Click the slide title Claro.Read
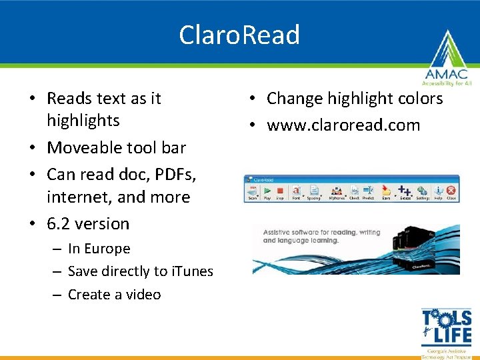click(x=239, y=35)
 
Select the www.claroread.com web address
click(x=343, y=125)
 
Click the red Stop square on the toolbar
click(x=280, y=191)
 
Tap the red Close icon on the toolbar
click(x=451, y=191)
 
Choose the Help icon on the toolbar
click(x=438, y=191)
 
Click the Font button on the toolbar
click(x=296, y=191)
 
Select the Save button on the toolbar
click(x=386, y=191)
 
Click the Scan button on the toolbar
click(x=253, y=191)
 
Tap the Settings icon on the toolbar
click(x=423, y=191)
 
